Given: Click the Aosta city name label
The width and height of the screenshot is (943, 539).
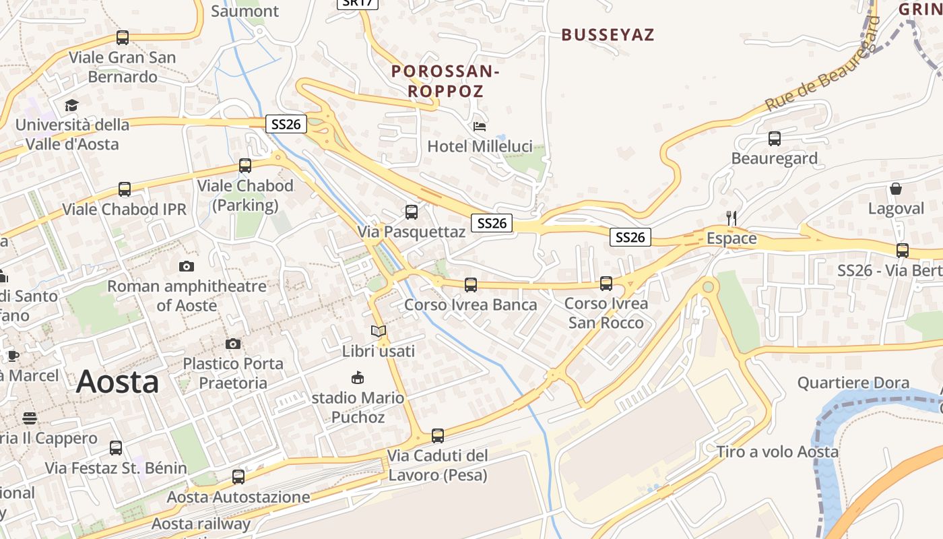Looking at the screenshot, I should (117, 382).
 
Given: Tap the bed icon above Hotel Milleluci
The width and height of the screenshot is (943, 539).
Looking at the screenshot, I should (480, 126).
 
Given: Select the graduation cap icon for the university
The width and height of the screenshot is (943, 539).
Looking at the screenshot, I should (71, 105).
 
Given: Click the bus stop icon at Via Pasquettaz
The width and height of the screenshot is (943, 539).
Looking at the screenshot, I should (411, 212).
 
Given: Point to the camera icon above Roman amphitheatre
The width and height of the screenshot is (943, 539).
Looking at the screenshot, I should (187, 266).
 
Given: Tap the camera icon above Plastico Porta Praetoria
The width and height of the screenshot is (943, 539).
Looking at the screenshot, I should (233, 344).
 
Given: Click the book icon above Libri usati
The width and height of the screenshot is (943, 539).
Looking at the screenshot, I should (379, 331).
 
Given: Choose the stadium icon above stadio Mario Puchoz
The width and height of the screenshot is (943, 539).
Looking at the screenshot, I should (358, 378).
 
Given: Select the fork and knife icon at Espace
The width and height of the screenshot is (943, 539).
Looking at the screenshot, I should (731, 218).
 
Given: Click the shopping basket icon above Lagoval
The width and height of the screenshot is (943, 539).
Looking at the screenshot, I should (896, 189).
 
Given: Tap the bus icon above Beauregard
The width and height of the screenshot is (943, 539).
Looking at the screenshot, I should (775, 139).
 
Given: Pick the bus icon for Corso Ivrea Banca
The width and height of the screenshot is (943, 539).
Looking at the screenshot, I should (471, 285).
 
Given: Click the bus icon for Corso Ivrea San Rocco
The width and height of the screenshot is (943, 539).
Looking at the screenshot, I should (606, 284).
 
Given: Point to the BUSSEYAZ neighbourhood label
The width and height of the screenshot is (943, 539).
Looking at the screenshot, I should (608, 35).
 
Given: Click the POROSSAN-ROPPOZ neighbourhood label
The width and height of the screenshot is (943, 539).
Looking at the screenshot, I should (445, 81).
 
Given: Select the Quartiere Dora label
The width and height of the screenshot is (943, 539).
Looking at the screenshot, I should (853, 383).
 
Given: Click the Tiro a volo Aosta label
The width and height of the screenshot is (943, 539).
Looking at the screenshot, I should (777, 451).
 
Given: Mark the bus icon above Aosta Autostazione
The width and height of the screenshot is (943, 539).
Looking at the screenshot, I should (238, 477).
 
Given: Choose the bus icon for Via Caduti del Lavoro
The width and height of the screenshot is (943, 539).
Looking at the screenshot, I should (438, 436).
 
